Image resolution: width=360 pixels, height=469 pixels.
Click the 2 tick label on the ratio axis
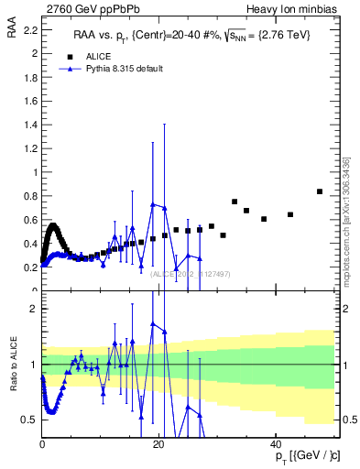33,309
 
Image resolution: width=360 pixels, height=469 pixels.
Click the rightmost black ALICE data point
319,191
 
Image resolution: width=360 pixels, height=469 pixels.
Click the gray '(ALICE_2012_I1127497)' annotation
191,273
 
